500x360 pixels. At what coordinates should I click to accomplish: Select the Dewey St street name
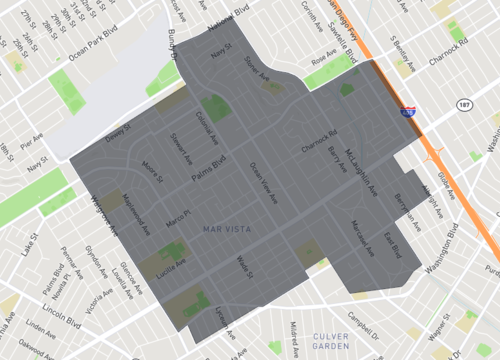click(x=119, y=131)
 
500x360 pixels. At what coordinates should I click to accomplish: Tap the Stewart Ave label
click(x=180, y=149)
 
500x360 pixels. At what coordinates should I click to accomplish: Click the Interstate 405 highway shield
click(x=408, y=115)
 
